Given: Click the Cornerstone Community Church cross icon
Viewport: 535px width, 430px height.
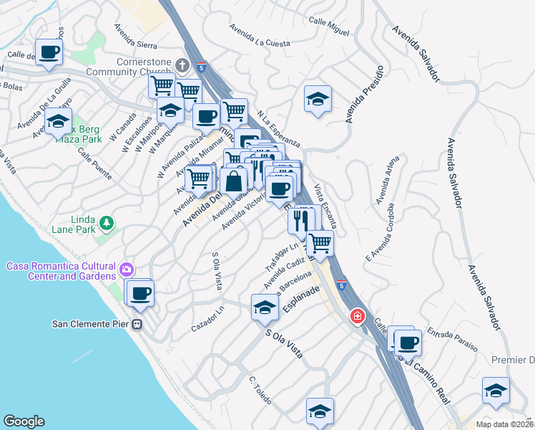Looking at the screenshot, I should pyautogui.click(x=182, y=65).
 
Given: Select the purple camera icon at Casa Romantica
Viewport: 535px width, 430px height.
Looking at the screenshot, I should pyautogui.click(x=126, y=269).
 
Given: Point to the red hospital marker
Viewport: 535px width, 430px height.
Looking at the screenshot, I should pyautogui.click(x=356, y=316).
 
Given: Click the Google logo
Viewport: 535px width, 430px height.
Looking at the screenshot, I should pyautogui.click(x=24, y=421).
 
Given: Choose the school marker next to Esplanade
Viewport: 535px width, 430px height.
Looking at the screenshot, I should pyautogui.click(x=265, y=307).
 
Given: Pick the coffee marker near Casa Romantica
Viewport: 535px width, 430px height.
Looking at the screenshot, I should pyautogui.click(x=141, y=292).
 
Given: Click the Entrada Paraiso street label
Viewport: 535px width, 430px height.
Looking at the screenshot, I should pyautogui.click(x=452, y=340).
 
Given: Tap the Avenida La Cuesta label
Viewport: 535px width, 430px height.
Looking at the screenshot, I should pyautogui.click(x=260, y=36).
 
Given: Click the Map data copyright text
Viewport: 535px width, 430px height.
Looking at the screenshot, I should pyautogui.click(x=504, y=424).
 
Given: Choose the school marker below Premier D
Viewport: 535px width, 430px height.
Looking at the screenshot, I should pyautogui.click(x=496, y=390).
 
